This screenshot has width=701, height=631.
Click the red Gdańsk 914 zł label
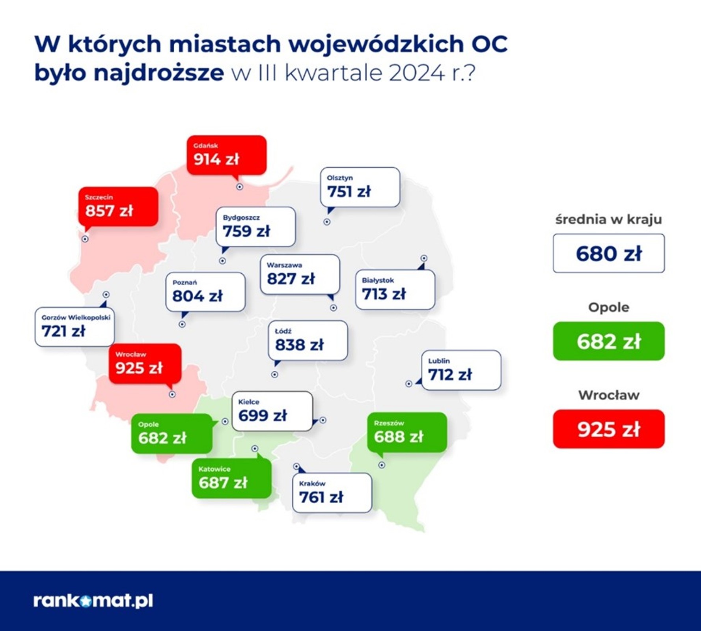pos(226,155)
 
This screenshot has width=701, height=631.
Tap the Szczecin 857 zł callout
pos(118,207)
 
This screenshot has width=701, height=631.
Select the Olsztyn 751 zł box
pos(360,187)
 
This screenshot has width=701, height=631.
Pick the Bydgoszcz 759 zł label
pos(255,227)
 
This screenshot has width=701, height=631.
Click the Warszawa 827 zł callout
pos(300,274)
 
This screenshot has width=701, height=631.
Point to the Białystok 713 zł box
pos(395,289)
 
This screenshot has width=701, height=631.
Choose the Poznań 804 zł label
pos(205,292)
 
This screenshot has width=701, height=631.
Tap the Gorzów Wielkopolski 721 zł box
pos(75,327)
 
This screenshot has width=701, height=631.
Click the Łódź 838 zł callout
pos(308,340)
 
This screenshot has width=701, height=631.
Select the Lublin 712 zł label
pos(461,370)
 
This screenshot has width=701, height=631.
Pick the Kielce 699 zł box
pos(272,411)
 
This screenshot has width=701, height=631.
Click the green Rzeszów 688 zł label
pos(407,432)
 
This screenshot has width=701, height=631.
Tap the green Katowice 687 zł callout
pos(231,478)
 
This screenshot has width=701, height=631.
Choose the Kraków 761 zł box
pos(332,493)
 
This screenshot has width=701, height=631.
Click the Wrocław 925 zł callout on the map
pos(145,364)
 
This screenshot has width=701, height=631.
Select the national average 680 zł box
pos(608,253)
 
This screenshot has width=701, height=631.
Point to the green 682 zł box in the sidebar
pos(608,341)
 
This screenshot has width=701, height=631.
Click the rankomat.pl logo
pos(93,601)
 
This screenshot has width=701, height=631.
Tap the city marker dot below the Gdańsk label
pos(240,187)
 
